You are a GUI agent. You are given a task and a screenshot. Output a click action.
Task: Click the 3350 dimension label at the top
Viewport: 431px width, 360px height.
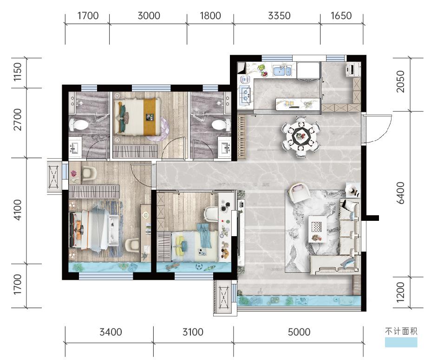(279, 16)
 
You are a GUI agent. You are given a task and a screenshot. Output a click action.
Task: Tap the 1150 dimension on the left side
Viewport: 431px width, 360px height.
(18, 72)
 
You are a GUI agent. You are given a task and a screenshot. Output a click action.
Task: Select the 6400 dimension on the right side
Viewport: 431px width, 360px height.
(401, 193)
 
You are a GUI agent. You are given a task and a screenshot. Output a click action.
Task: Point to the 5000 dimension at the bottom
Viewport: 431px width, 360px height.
(299, 332)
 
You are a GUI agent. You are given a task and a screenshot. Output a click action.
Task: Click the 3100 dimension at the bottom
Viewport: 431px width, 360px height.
(193, 332)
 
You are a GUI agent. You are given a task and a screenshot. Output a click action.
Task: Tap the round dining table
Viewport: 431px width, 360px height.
(300, 136)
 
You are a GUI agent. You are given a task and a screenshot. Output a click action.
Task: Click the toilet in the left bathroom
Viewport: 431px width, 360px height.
(78, 125)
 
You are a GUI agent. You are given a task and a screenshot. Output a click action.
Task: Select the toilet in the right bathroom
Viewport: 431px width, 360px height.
(221, 125)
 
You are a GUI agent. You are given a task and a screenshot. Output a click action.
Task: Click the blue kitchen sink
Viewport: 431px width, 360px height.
(281, 71)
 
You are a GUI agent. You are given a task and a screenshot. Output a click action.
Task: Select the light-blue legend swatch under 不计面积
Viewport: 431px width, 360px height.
(401, 342)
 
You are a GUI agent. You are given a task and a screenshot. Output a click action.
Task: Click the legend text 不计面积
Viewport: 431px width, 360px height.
(401, 331)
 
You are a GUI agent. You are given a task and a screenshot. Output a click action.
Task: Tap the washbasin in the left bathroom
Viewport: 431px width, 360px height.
(74, 148)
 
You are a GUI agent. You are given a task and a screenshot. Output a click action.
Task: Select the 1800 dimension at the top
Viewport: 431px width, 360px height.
(210, 16)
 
